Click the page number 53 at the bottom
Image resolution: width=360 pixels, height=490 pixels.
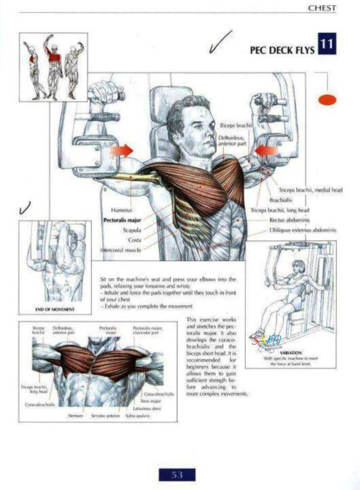point(177,475)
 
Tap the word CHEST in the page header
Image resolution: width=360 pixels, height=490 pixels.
point(322,8)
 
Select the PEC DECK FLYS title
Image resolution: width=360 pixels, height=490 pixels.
point(281,51)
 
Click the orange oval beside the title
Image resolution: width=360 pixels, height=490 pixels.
point(327,100)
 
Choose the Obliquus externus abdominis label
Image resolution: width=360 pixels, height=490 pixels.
point(303,230)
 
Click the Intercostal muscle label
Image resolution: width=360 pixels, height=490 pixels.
point(121,251)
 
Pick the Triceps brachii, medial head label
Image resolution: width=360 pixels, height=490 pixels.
point(311,190)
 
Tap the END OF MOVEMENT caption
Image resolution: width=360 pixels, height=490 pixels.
point(55,309)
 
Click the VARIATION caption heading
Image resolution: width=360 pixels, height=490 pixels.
point(291,353)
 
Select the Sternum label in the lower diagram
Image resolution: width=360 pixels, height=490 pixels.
point(75,416)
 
